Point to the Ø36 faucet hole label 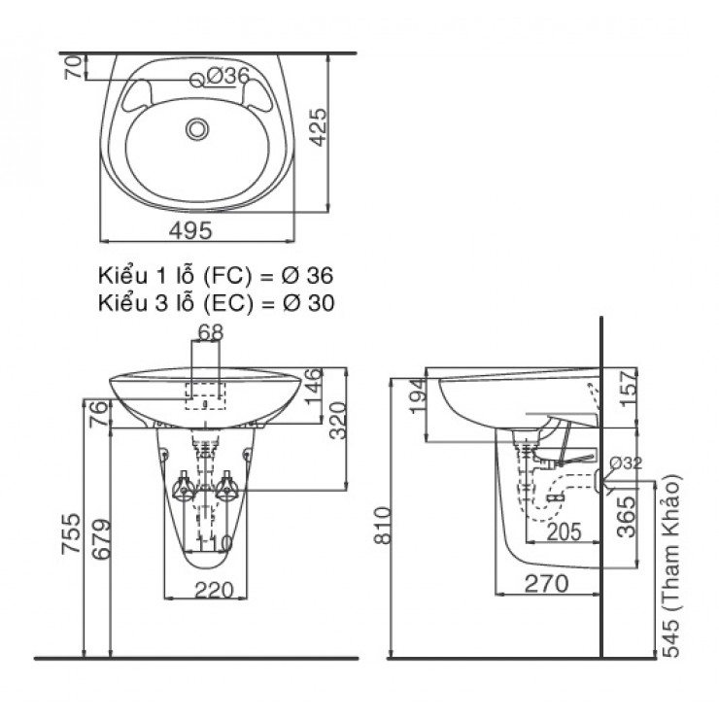(x=228, y=76)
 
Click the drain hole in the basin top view (x=199, y=127)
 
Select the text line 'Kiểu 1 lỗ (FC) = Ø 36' (x=215, y=275)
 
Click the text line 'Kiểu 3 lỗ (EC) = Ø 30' (x=215, y=302)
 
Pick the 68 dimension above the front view (x=210, y=332)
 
